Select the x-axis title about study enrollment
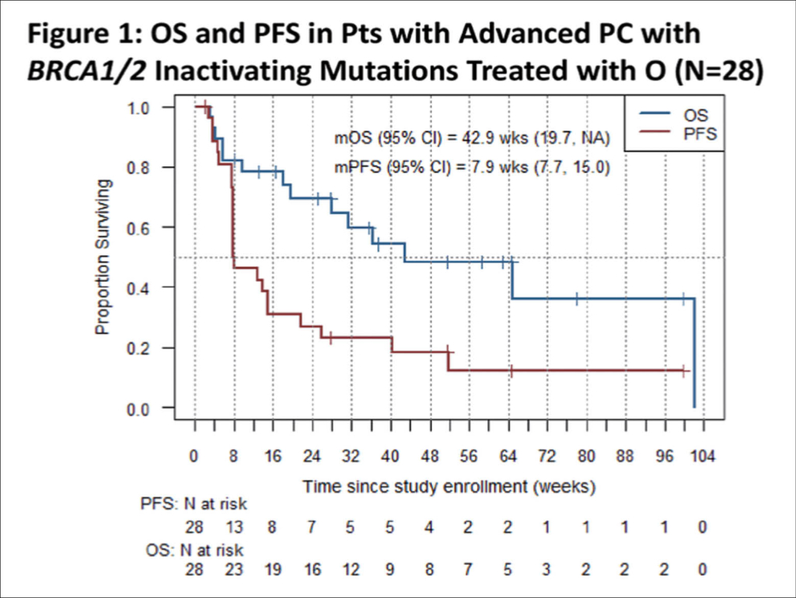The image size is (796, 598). (x=449, y=487)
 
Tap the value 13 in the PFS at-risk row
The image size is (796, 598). (x=233, y=527)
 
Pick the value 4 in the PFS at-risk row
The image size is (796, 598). (x=429, y=527)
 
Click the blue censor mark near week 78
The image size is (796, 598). (x=577, y=298)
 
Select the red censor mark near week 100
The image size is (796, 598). (x=683, y=371)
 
